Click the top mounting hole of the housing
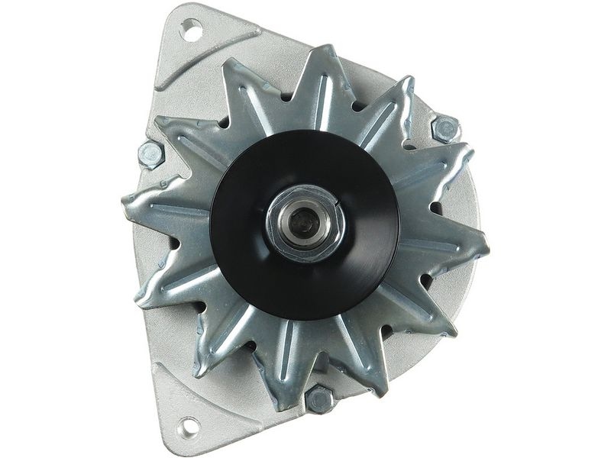(191, 31)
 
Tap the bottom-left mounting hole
(187, 424)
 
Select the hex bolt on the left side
(151, 155)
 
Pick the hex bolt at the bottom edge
(319, 398)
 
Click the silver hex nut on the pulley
(305, 221)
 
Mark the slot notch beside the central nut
(337, 200)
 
